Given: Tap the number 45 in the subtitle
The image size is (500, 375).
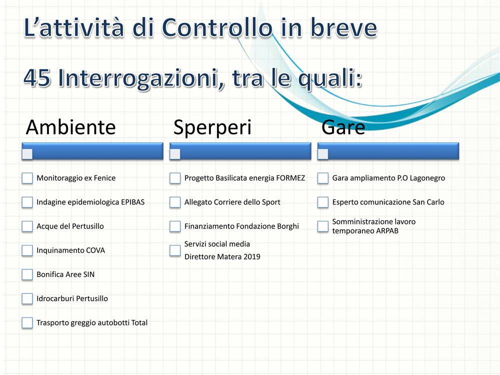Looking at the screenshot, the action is [37, 78].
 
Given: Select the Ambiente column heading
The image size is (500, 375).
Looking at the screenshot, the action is [71, 127].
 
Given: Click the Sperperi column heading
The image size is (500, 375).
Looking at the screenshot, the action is [212, 127].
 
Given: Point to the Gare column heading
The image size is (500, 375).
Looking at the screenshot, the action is [343, 127].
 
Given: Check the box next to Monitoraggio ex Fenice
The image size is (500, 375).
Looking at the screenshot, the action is [27, 178].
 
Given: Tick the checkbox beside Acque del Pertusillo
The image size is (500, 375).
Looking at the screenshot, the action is [27, 226].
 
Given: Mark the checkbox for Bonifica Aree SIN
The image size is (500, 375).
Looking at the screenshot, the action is [27, 274].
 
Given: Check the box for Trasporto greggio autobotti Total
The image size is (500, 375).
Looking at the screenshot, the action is [27, 322].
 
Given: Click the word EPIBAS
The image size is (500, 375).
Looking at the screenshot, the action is [132, 202].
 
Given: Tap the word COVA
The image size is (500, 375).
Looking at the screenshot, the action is [95, 250].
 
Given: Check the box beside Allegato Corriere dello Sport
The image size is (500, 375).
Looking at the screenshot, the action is [175, 202].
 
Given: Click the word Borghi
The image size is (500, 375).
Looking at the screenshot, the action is [288, 226].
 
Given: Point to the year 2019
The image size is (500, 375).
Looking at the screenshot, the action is [252, 256].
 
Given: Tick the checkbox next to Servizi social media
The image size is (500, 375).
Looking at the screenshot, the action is [175, 250].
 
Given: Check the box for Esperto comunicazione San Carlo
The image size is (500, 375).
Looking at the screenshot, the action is [322, 202].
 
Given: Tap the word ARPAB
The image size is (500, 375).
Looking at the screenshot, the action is [387, 231].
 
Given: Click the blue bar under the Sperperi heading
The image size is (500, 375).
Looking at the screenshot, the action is [240, 151].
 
